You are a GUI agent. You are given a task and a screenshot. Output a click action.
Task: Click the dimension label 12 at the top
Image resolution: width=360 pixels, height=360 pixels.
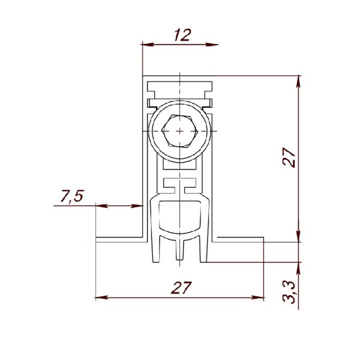[182, 35]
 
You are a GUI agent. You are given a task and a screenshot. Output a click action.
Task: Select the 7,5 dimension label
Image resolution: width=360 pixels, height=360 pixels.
[72, 196]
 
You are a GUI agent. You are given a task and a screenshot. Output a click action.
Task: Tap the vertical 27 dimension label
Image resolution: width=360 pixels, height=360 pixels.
[289, 157]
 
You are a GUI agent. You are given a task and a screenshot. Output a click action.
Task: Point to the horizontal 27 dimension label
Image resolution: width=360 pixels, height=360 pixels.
[181, 287]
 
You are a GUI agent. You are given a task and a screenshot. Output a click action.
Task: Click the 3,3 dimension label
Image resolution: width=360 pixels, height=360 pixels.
[289, 292]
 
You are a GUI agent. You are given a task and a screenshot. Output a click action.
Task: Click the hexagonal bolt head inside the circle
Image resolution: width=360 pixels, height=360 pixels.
[180, 131]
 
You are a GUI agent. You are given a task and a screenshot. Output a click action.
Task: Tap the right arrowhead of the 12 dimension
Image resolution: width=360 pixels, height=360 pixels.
[212, 44]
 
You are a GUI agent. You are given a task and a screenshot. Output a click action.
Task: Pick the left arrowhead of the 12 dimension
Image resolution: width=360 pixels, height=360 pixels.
[149, 44]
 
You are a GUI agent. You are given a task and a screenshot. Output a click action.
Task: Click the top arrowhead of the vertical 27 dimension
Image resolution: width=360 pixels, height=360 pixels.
[298, 82]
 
